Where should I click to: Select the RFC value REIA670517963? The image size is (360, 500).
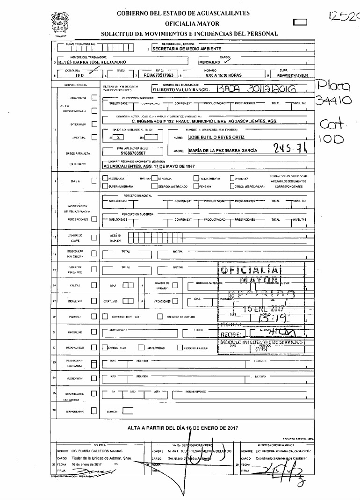coord(158,75)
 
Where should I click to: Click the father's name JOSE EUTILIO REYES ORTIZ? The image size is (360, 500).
coord(216,138)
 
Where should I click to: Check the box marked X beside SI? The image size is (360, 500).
coord(119,138)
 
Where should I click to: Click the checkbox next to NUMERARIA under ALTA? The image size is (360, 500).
coord(94,98)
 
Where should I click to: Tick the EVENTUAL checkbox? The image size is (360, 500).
coord(94,137)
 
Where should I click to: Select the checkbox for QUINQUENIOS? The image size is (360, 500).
coord(94,412)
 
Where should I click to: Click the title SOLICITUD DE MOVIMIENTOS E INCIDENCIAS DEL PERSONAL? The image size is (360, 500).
coord(189,34)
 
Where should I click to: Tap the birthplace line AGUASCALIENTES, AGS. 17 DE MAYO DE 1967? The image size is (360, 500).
coord(148,166)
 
